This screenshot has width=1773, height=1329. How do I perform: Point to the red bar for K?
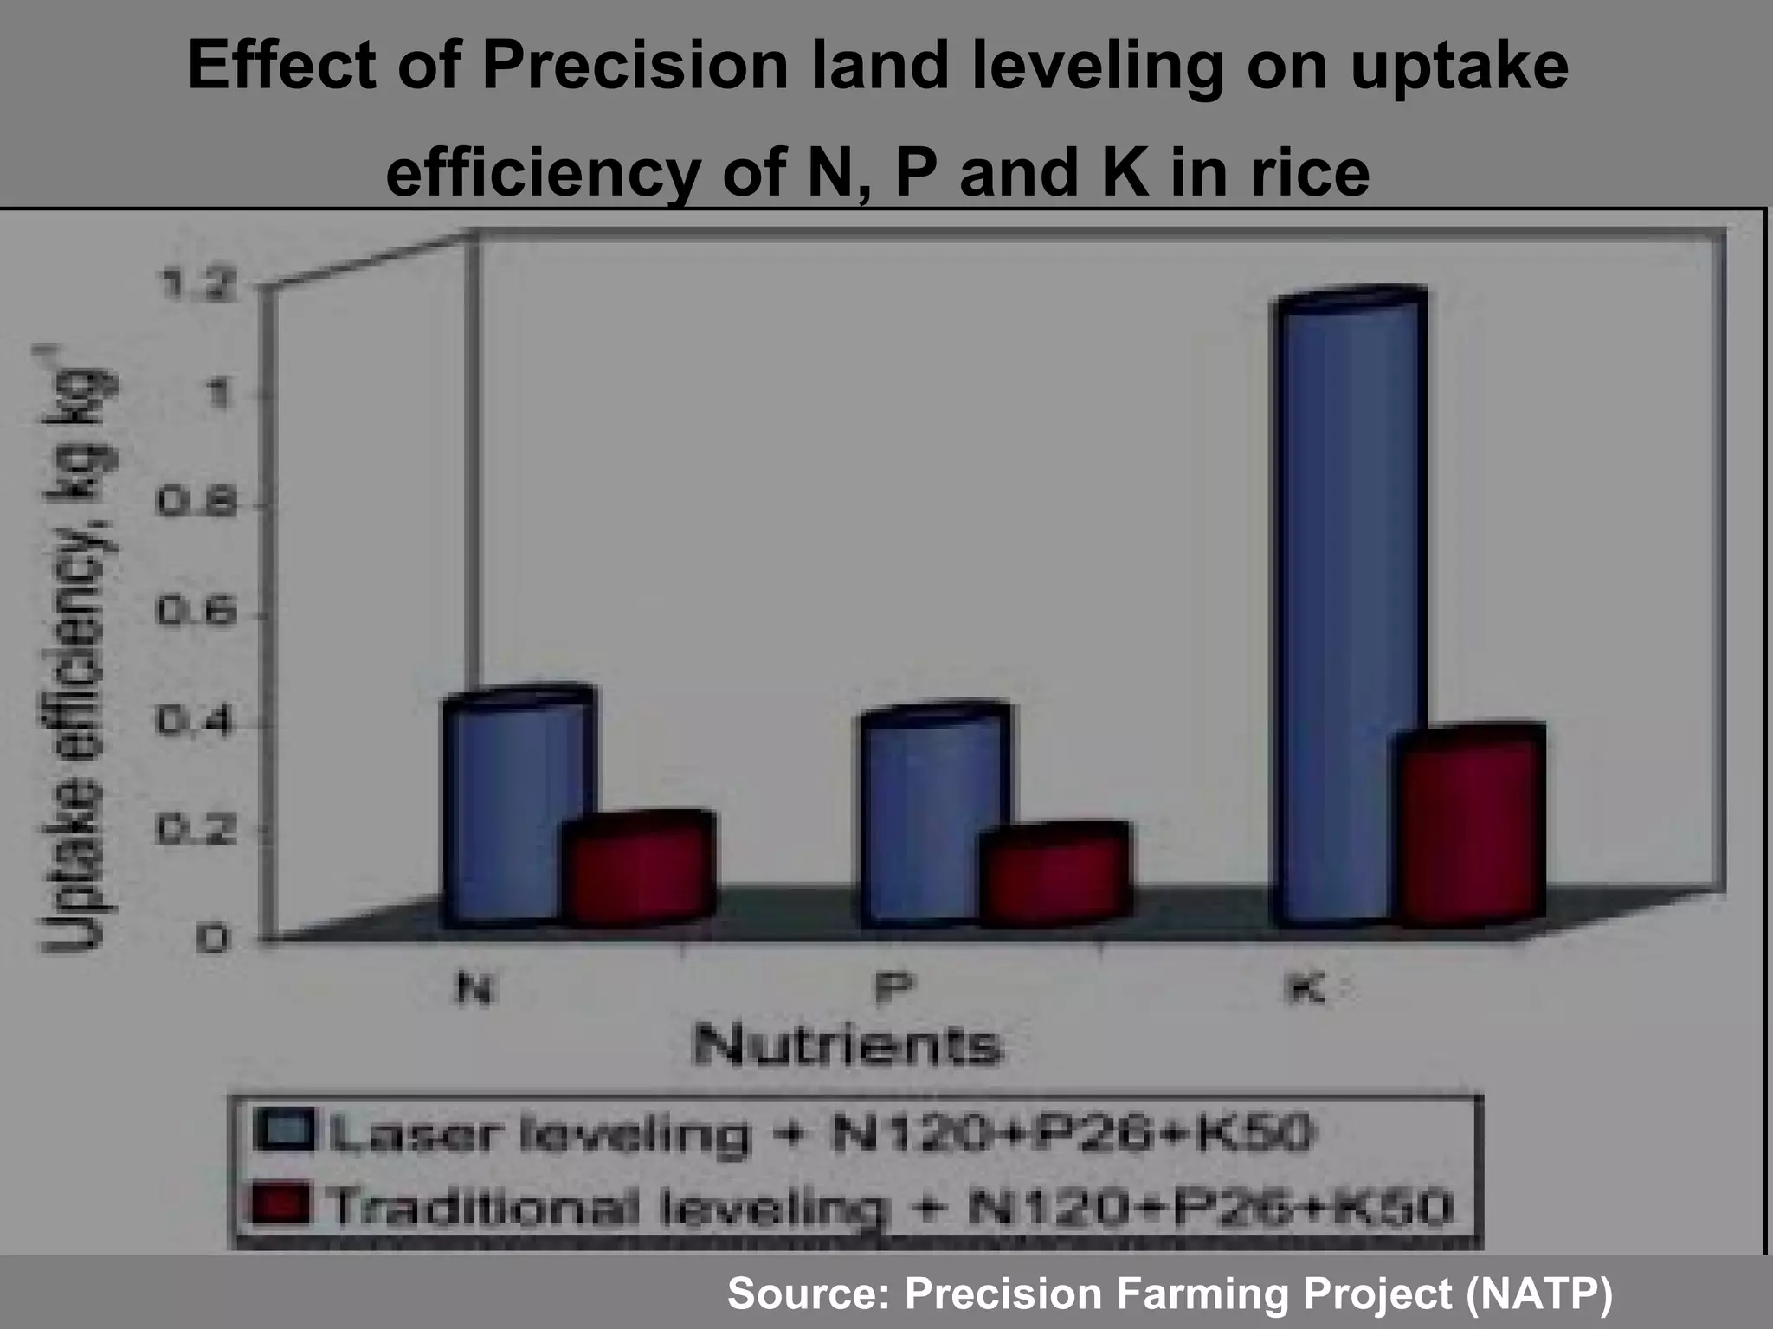point(1472,831)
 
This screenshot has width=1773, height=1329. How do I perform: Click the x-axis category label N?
point(475,988)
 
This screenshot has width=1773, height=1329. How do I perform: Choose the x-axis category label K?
point(1305,988)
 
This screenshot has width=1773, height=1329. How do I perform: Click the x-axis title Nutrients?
point(848,1046)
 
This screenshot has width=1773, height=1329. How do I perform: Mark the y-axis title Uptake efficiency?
point(74,649)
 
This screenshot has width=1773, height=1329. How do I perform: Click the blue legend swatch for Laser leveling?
point(283,1130)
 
